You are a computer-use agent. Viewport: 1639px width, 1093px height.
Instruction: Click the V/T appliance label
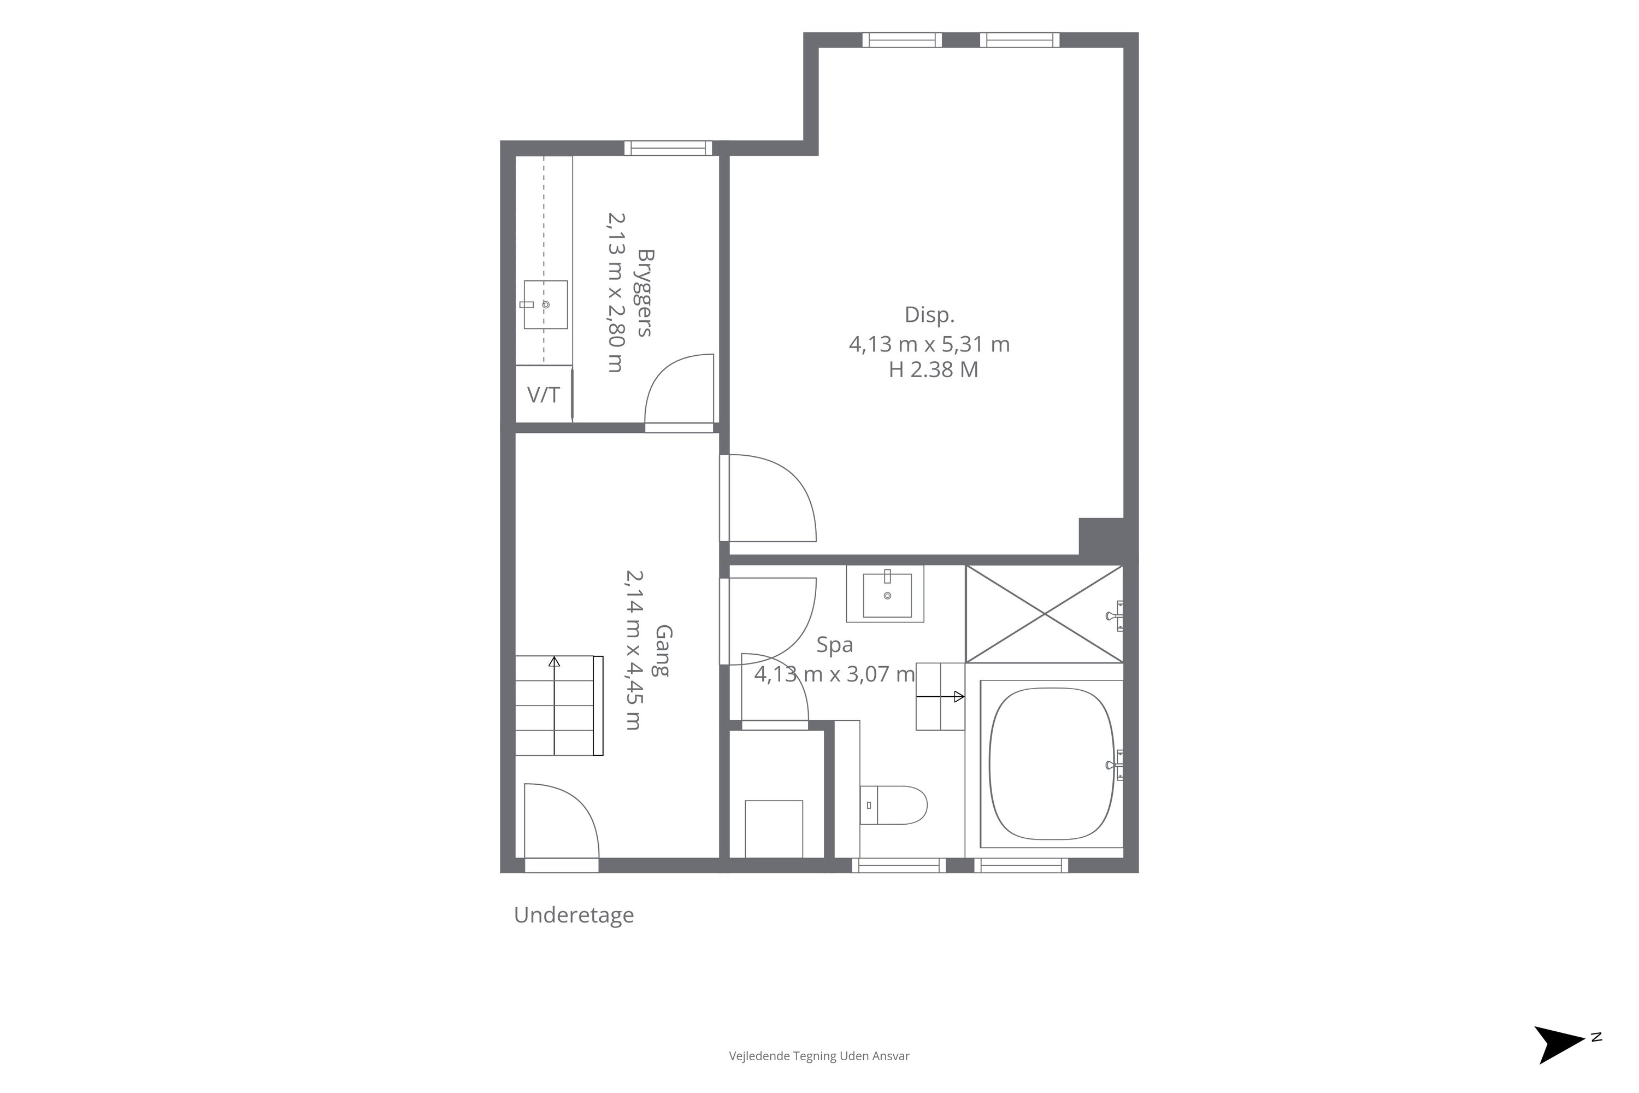[x=544, y=395]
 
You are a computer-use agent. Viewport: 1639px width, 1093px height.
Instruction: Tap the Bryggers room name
[x=645, y=293]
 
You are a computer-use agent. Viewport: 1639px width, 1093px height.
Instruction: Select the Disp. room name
[x=930, y=315]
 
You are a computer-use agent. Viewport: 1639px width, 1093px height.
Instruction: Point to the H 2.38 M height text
[x=933, y=369]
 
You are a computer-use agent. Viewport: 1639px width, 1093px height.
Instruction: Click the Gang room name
[x=663, y=650]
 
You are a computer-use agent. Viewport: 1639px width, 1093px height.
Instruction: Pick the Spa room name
[x=835, y=645]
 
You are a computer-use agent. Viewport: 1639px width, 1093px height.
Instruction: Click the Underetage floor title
[x=574, y=914]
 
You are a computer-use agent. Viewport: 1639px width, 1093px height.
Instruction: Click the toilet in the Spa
[x=893, y=805]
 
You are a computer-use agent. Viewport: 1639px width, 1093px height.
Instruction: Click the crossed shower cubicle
[x=1044, y=614]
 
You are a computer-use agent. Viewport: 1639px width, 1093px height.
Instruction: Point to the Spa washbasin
[x=886, y=595]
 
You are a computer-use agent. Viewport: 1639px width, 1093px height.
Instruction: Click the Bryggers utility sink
[x=545, y=304]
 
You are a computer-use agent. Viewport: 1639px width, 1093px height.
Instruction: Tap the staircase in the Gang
[x=559, y=706]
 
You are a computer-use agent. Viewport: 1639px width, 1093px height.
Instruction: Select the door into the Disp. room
[x=768, y=498]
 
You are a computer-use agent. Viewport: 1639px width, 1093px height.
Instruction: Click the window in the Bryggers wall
[x=668, y=148]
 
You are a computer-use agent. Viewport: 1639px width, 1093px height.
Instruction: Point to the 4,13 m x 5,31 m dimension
[x=929, y=344]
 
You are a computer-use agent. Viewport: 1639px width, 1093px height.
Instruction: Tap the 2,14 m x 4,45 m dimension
[x=633, y=650]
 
